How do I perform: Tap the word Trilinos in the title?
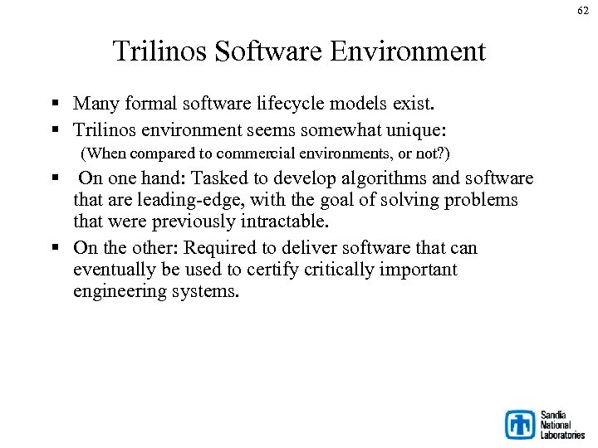click(x=160, y=51)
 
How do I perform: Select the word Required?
click(x=218, y=248)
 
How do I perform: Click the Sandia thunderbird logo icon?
click(x=520, y=424)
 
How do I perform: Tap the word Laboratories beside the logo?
click(x=562, y=434)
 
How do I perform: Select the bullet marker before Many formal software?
click(x=54, y=105)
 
